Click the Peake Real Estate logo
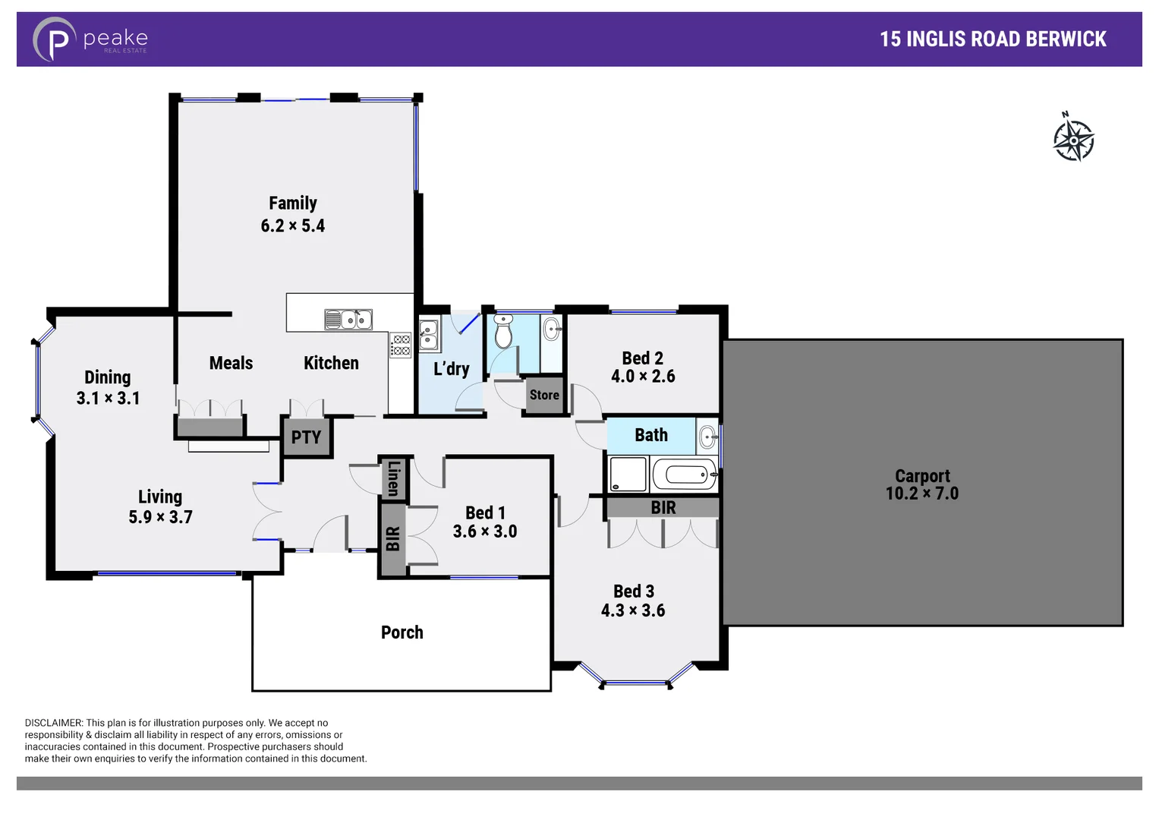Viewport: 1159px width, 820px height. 90,39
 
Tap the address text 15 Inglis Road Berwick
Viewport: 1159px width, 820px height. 992,39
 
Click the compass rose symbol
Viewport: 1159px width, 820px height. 1073,140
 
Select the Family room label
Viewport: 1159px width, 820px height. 292,203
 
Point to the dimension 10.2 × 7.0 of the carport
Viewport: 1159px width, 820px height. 921,494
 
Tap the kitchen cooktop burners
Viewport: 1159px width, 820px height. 401,345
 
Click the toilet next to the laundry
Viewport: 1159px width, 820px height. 503,332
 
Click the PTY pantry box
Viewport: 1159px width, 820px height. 307,437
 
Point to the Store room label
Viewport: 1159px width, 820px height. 544,395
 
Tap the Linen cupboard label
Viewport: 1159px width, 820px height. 393,478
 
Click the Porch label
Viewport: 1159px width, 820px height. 402,632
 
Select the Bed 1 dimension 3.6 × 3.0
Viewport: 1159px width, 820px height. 484,531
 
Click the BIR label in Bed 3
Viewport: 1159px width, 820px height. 663,507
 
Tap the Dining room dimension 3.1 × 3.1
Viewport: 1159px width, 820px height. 108,398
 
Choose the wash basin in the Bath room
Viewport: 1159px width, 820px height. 707,437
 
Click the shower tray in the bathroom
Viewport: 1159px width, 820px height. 628,475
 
